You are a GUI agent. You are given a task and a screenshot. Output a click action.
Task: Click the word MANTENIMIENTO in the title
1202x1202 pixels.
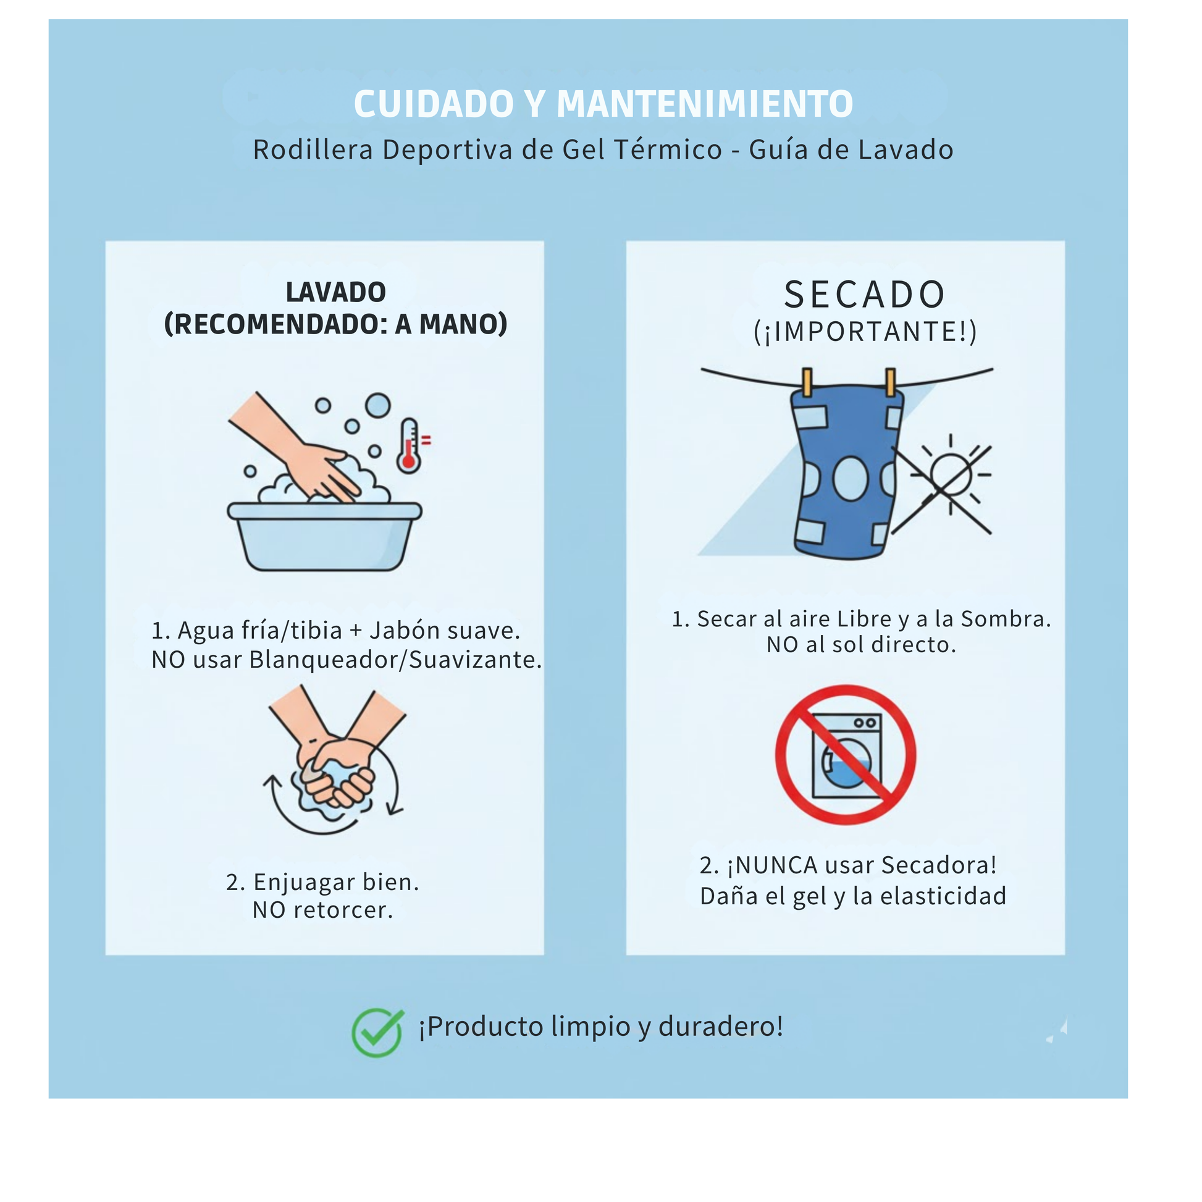[704, 104]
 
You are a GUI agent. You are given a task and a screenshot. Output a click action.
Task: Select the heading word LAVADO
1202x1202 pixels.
[336, 292]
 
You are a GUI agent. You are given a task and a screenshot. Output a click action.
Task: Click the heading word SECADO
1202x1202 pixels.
[865, 294]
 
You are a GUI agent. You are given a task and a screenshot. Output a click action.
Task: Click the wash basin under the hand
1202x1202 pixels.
[324, 536]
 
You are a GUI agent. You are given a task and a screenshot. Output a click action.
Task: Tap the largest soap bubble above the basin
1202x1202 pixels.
[377, 406]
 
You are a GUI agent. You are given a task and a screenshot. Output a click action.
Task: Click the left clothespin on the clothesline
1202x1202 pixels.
[807, 382]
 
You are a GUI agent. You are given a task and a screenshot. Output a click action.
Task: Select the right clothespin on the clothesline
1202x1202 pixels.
[890, 382]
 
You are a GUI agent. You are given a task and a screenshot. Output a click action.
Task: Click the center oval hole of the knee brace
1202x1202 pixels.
[850, 479]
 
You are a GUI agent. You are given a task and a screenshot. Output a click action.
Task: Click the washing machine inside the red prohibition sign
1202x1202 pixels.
[847, 756]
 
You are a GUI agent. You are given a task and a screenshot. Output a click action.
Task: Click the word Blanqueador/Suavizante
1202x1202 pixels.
[396, 660]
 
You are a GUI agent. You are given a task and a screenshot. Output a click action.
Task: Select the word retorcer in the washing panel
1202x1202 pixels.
[343, 910]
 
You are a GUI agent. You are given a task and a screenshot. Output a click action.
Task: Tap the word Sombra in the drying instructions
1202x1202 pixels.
[1006, 619]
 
